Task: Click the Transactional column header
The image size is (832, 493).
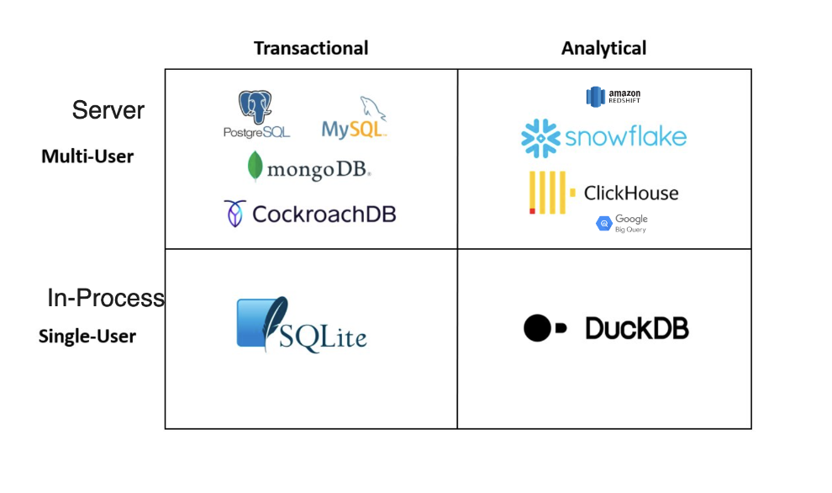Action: click(311, 48)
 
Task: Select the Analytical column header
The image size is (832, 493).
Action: click(603, 48)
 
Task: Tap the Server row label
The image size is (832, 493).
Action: click(108, 110)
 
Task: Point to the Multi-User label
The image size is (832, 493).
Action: click(87, 156)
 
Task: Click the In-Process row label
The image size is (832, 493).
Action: click(106, 298)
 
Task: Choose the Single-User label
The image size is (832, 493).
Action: click(87, 337)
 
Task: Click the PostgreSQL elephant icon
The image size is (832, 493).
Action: click(255, 108)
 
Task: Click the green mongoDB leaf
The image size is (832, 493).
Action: click(255, 167)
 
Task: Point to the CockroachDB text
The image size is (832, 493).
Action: click(324, 214)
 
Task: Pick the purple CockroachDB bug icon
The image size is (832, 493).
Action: click(234, 213)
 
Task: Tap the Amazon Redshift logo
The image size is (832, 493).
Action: click(613, 96)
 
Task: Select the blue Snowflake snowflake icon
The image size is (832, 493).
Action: click(540, 138)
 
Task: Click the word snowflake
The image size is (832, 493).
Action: click(625, 137)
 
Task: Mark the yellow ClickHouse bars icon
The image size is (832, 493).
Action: click(546, 193)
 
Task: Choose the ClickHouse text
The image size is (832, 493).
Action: click(630, 193)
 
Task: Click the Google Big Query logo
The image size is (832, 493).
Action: click(622, 224)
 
